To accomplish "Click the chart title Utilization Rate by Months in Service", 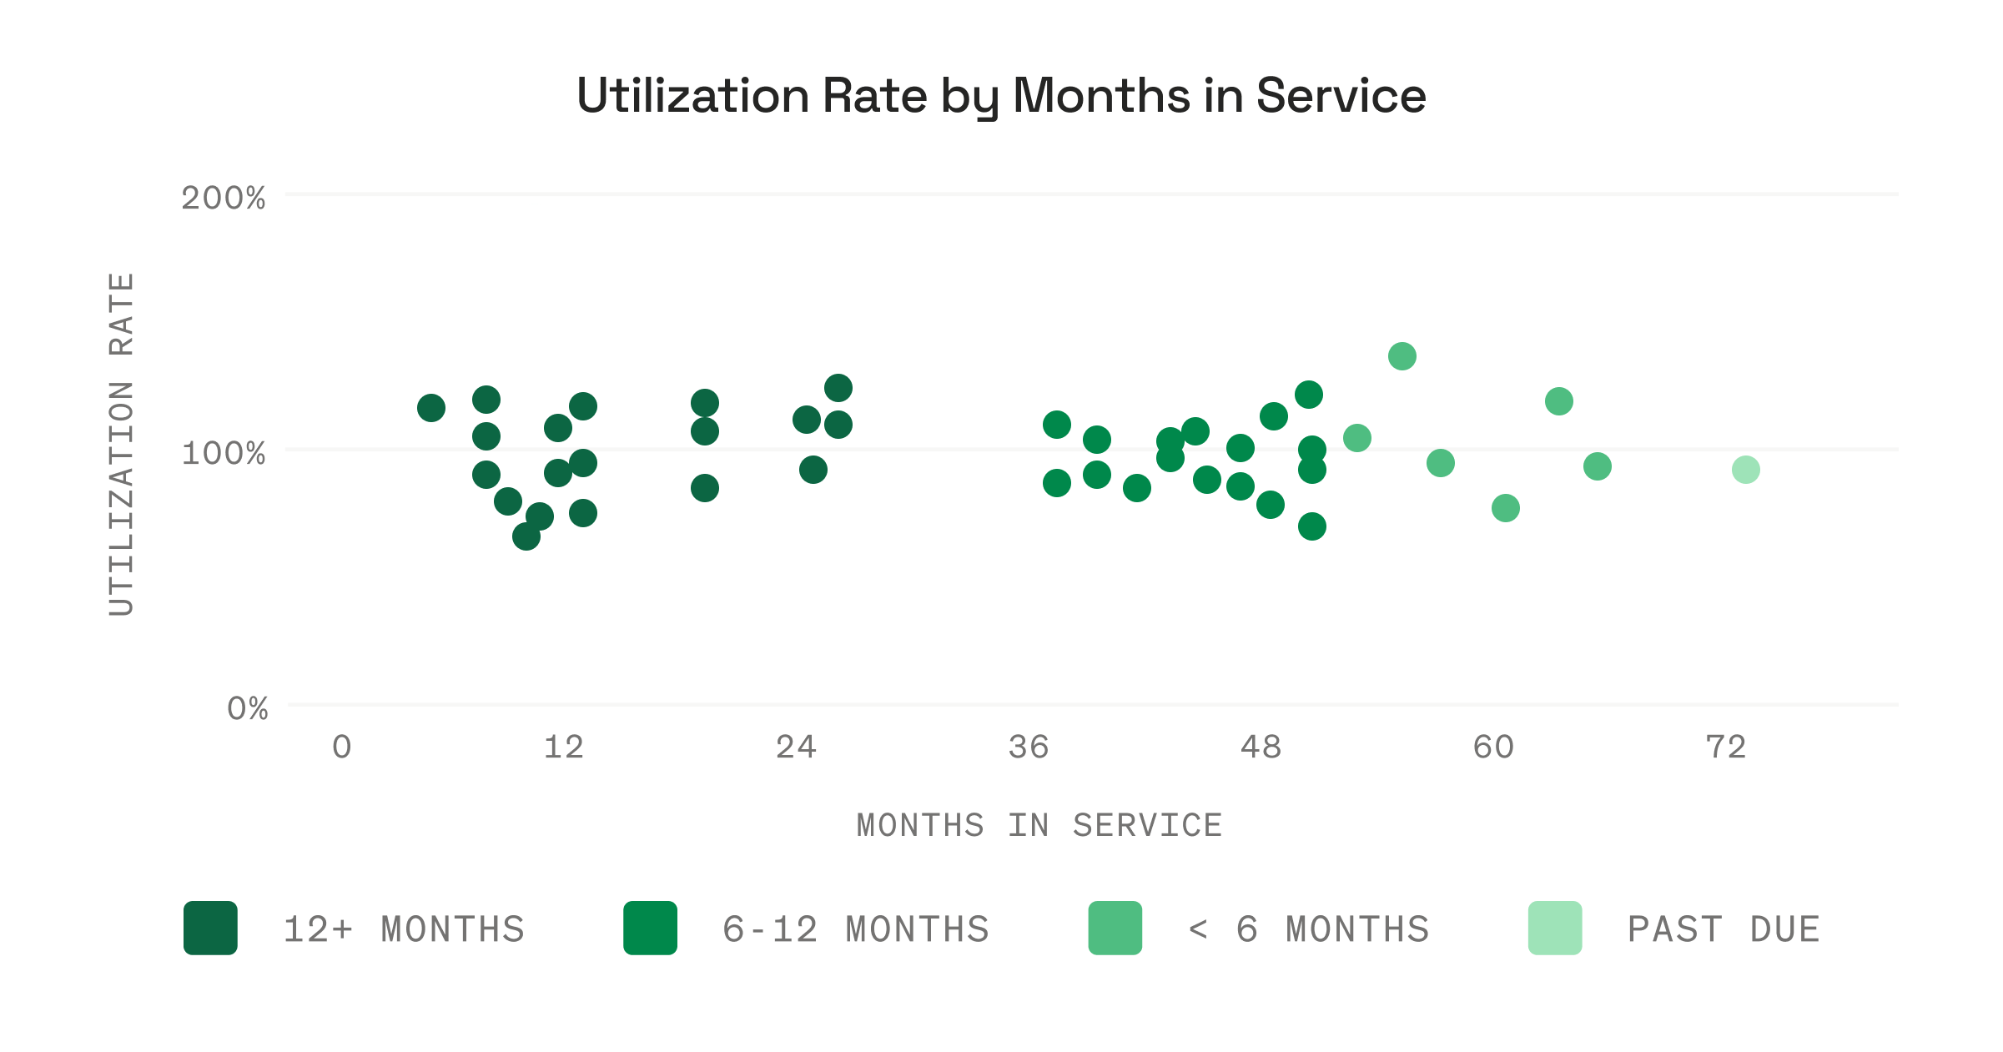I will (x=1001, y=96).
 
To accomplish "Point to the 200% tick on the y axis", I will (x=223, y=199).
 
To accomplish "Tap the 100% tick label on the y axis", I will (x=223, y=454).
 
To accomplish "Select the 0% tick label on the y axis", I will (x=247, y=709).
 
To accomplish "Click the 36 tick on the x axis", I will (x=1028, y=747).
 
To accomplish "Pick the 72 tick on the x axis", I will (x=1725, y=747).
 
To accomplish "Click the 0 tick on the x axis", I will (x=341, y=747).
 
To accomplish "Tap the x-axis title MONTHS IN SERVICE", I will (x=1039, y=826).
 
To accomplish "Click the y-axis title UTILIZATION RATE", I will (x=122, y=445).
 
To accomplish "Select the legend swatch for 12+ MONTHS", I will (x=210, y=928).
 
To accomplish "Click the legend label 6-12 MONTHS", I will (x=856, y=929).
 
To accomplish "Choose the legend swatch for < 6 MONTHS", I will (x=1115, y=928).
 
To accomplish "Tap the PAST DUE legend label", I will (x=1724, y=929).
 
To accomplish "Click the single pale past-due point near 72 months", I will (x=1745, y=470).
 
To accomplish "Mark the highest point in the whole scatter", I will (x=1402, y=356).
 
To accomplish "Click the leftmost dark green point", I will (x=430, y=408).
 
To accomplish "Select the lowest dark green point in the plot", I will (x=526, y=536).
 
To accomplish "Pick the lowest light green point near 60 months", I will (x=1505, y=508).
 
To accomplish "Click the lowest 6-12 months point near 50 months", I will (x=1311, y=526).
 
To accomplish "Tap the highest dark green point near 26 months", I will (x=838, y=388).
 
